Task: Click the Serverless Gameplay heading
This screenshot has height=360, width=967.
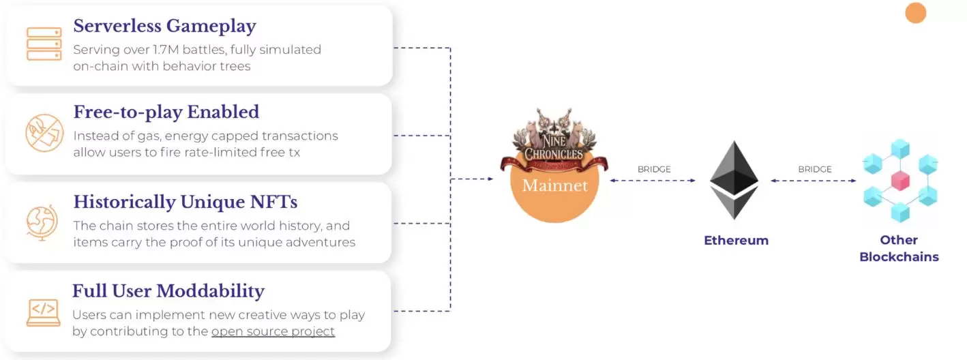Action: pos(164,26)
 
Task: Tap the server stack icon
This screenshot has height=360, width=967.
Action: pos(44,44)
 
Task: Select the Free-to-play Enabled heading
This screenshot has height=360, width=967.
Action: pos(166,112)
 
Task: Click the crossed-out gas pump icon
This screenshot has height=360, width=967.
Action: pos(44,133)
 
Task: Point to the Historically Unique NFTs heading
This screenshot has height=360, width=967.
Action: pos(185,202)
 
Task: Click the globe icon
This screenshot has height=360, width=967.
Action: pos(42,222)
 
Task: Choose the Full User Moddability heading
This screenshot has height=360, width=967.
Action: pos(168,290)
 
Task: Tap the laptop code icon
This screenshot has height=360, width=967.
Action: pos(43,312)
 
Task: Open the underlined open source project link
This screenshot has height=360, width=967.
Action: pos(273,331)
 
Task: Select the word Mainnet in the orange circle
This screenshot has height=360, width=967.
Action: pos(554,185)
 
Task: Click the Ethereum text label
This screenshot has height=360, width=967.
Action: pos(736,240)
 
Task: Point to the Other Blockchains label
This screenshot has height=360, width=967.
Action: pos(899,248)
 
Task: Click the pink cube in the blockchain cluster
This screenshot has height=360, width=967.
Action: pos(900,180)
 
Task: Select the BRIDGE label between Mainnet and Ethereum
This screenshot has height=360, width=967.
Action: pos(654,169)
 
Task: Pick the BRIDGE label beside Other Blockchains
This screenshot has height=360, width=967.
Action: pos(815,169)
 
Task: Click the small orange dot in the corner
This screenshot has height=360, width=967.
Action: pos(915,13)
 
